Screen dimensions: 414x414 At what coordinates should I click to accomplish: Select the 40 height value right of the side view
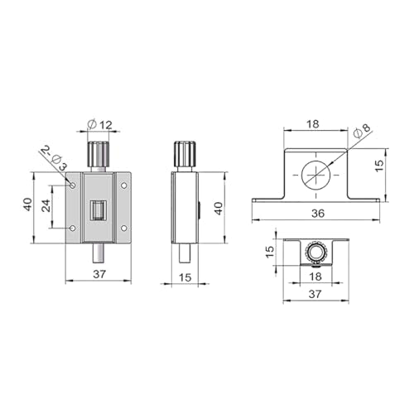coord(219,207)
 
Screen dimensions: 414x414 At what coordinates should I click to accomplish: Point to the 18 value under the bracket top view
coord(315,275)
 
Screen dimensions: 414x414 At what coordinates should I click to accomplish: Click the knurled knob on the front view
coord(99,154)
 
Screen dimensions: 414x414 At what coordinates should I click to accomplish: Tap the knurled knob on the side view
coord(186,155)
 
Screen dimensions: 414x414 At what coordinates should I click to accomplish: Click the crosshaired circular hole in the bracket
coord(315,175)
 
